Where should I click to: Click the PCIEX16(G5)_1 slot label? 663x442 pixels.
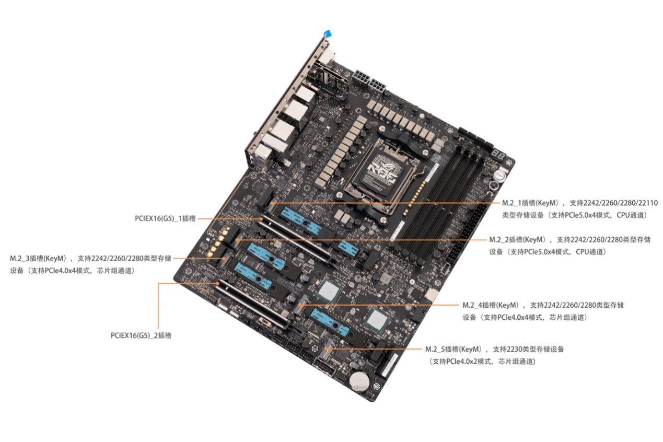coord(165,218)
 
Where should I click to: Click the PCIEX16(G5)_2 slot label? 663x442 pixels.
coord(141,335)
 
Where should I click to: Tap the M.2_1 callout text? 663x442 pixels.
coord(580,209)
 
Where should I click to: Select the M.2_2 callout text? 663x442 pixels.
coord(570,246)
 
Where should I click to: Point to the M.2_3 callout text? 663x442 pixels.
coord(90,264)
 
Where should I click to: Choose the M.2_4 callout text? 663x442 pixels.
coord(543,311)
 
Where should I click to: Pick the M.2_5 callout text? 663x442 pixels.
coord(495,355)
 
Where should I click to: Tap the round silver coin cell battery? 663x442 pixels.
coord(359,381)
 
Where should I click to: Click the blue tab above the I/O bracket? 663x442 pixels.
coord(328,33)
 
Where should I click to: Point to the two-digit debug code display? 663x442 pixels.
coord(498,154)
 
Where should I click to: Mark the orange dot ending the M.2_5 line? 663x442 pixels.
coord(327,349)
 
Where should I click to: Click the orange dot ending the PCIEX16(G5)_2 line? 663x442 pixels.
coord(218,283)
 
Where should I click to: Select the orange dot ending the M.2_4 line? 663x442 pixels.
coord(301,305)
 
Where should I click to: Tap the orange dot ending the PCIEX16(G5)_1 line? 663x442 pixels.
coord(261,218)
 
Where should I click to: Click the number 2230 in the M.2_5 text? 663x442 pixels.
coord(515,350)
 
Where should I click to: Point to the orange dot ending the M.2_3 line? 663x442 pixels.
coord(224,259)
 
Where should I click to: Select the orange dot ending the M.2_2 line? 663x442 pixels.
coord(237,239)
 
